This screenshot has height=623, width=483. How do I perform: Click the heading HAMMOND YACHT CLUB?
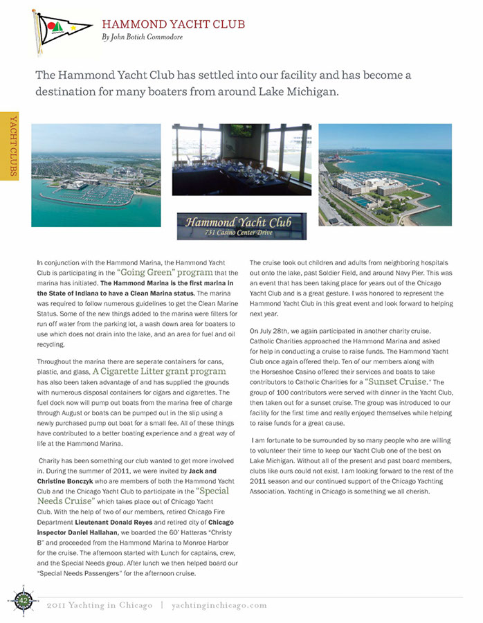pos(173,24)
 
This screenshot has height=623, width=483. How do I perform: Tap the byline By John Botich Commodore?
pos(142,37)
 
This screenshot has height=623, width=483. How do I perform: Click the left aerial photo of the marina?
pos(95,175)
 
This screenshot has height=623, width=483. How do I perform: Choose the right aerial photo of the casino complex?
pos(384,175)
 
